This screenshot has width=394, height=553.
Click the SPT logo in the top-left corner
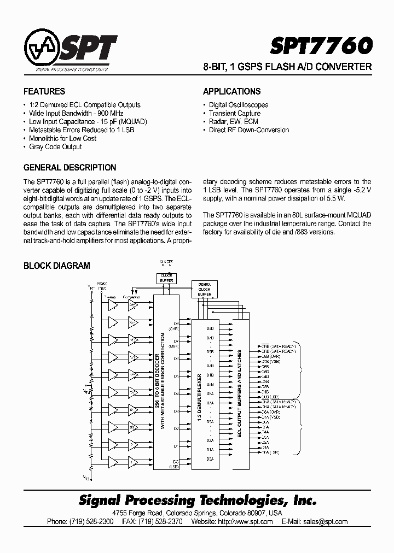70,50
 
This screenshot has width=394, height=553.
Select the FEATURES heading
44,91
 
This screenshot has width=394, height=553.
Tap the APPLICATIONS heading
231,91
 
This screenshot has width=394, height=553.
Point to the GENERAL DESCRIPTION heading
69,167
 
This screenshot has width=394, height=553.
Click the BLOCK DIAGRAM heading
56,266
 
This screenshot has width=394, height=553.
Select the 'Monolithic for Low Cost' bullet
62,138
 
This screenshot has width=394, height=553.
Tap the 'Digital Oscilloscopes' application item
239,104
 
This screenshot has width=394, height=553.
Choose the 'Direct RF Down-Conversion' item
248,130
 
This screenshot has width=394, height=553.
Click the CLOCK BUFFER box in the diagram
166,278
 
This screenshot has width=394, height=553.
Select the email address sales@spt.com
326,521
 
